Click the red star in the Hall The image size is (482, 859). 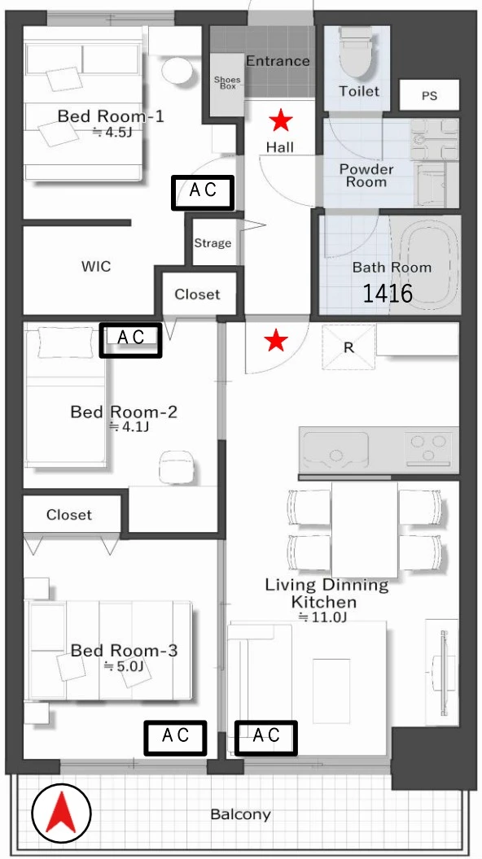tap(281, 120)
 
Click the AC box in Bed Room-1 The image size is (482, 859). tap(203, 192)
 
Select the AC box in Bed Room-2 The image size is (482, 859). tap(130, 340)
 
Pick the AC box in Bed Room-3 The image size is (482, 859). tap(176, 737)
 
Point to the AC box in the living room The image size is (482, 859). tap(266, 737)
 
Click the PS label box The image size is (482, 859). tap(429, 95)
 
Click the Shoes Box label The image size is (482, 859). tap(227, 83)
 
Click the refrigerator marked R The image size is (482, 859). tap(348, 347)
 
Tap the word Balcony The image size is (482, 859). tap(241, 814)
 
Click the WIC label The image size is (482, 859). tap(96, 267)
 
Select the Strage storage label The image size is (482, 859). tap(213, 243)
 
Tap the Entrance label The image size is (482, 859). tap(278, 61)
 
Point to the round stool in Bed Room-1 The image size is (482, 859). tap(177, 70)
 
